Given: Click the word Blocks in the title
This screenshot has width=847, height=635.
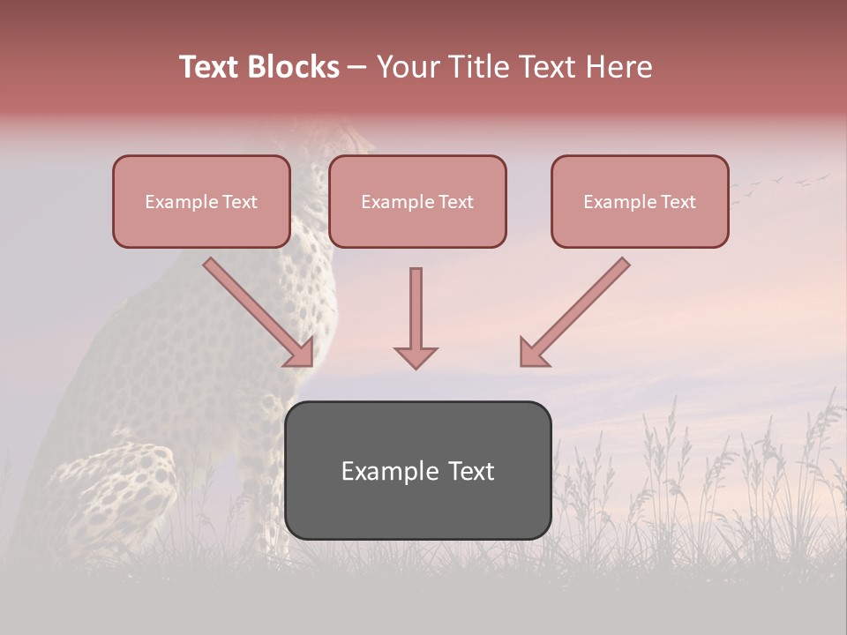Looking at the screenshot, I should [x=294, y=67].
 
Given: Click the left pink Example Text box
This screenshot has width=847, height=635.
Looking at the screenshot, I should [x=201, y=201].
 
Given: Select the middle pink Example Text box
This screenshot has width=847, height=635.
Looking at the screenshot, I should [x=417, y=201].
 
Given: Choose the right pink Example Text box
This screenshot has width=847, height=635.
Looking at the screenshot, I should [x=640, y=201].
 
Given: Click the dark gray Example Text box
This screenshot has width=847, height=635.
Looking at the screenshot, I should [x=417, y=470].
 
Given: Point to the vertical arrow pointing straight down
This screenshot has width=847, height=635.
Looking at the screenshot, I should [x=416, y=317].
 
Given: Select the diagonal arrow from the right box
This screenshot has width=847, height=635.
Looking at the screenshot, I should [x=574, y=311].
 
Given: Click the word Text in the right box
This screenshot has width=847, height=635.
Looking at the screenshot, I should [x=678, y=202].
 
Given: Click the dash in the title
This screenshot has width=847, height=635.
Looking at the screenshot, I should [x=357, y=68].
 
